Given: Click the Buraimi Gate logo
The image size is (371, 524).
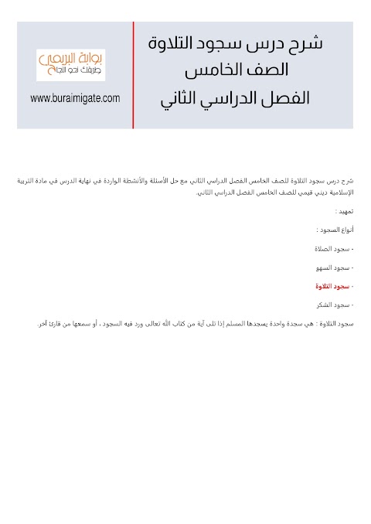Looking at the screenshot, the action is coord(70,65).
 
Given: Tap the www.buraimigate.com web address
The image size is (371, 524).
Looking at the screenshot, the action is coord(75,98).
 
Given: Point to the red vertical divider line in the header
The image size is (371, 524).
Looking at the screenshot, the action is coord(134,75).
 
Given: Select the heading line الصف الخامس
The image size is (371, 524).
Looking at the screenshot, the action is coord(237,70).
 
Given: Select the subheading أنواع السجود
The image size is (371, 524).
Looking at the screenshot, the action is coord(335,230).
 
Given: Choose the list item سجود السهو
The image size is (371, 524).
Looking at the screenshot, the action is coord(333,267).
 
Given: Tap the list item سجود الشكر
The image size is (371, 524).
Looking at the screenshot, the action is coord(333,305).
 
